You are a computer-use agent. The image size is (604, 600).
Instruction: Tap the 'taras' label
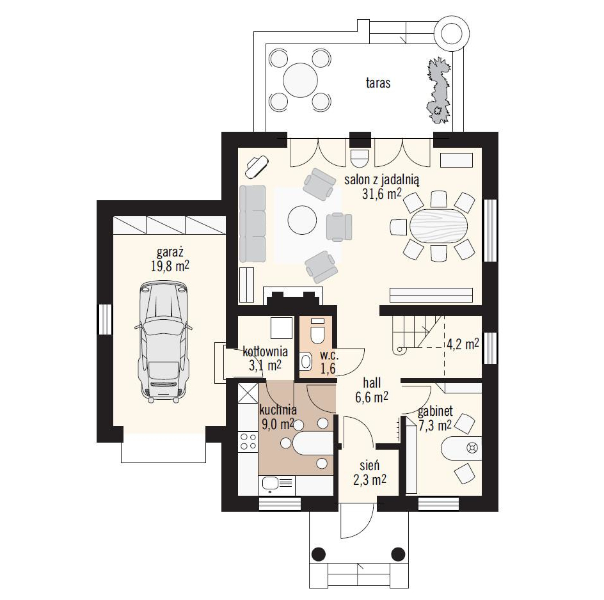tap(378, 83)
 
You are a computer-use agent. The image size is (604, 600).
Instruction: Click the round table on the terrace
tap(301, 80)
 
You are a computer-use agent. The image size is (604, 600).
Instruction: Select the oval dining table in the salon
tap(439, 226)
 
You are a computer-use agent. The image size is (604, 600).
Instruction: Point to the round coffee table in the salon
tap(302, 220)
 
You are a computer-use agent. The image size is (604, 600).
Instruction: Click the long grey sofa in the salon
tap(252, 224)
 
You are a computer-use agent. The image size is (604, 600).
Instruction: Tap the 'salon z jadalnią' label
tap(382, 180)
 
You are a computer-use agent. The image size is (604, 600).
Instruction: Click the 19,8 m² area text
tap(170, 266)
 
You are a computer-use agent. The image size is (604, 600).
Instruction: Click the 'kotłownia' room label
tap(265, 352)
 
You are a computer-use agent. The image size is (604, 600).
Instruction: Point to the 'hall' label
tap(372, 383)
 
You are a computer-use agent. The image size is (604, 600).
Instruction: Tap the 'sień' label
tap(370, 466)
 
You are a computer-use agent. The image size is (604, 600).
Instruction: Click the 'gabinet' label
tap(435, 412)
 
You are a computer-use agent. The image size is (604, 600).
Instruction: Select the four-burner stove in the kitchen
tap(248, 441)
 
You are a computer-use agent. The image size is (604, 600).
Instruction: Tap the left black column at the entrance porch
tap(319, 554)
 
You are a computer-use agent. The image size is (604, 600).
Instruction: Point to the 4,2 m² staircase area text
tap(463, 344)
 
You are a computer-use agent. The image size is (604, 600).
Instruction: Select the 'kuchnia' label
tap(278, 409)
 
